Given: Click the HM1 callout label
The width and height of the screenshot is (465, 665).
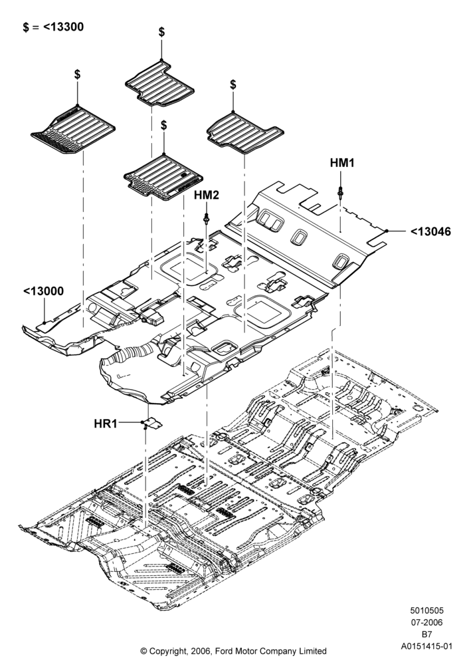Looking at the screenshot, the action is [x=342, y=163].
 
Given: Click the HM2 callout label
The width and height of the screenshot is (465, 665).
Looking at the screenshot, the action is [x=207, y=195].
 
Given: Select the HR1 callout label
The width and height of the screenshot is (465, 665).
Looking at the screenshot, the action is [x=106, y=423].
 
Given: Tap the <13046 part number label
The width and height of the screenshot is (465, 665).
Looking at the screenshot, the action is [x=430, y=231].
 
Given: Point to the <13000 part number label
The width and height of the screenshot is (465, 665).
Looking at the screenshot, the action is [x=44, y=291].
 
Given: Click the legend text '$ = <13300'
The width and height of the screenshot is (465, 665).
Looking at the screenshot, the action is [x=53, y=27].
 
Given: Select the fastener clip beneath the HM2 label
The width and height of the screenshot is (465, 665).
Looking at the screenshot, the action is [x=206, y=219].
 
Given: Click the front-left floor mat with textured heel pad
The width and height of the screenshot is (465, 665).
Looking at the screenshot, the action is [x=73, y=130].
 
